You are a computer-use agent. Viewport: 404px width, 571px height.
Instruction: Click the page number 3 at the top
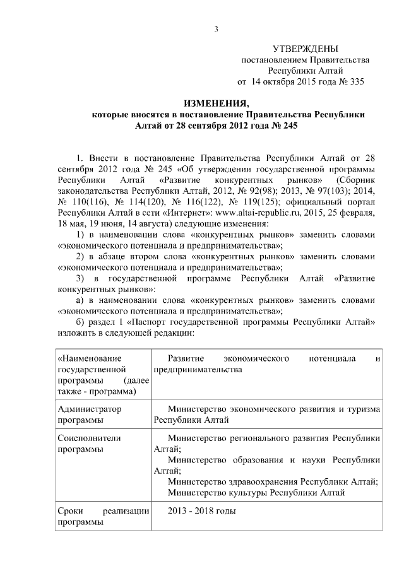coord(215,28)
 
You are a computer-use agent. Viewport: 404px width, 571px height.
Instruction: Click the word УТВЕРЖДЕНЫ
coord(305,49)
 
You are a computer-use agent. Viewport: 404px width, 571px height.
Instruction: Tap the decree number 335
coord(355,81)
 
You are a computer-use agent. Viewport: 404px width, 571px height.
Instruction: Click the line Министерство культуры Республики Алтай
coord(257,492)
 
